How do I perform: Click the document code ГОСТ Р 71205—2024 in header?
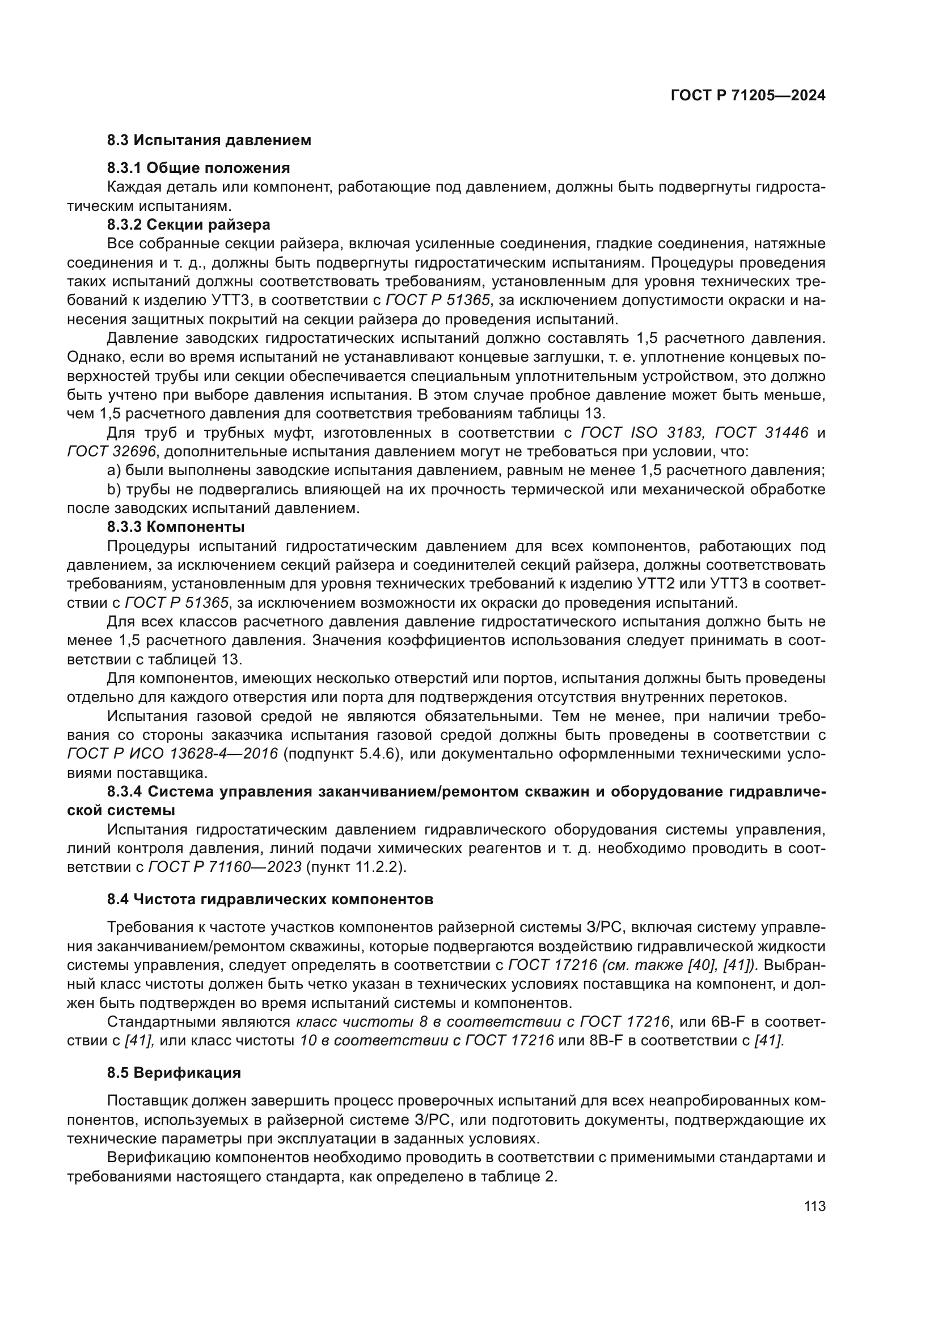click(x=747, y=96)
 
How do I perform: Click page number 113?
click(x=814, y=1206)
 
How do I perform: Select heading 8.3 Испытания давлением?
click(x=209, y=141)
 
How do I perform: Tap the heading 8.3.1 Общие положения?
click(x=198, y=168)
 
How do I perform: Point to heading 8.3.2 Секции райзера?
click(x=188, y=224)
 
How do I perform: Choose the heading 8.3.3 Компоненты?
click(x=176, y=527)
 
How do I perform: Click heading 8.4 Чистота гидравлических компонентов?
click(x=270, y=899)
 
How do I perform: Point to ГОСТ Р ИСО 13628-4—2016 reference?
click(x=173, y=754)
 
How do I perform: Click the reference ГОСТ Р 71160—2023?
click(x=225, y=867)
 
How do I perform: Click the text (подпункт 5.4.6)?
click(x=342, y=754)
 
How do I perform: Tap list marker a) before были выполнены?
click(x=114, y=471)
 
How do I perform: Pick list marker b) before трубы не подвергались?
click(x=114, y=490)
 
